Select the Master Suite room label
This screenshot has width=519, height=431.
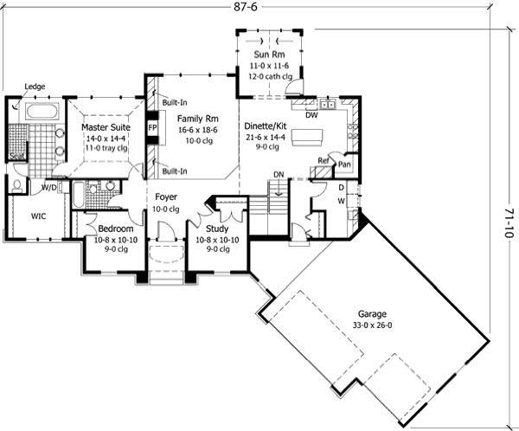[x=106, y=127]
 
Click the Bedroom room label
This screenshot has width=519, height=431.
[x=115, y=228]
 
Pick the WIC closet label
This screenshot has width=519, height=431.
[x=39, y=216]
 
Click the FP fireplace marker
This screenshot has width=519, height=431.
[x=152, y=127]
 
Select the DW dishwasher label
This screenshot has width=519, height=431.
[x=312, y=113]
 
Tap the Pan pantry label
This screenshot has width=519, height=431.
[x=344, y=163]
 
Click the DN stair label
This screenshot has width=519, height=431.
[x=279, y=175]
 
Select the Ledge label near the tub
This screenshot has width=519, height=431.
[x=35, y=87]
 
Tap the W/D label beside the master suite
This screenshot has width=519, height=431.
[x=48, y=186]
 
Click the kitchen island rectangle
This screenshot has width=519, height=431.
[x=308, y=138]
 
